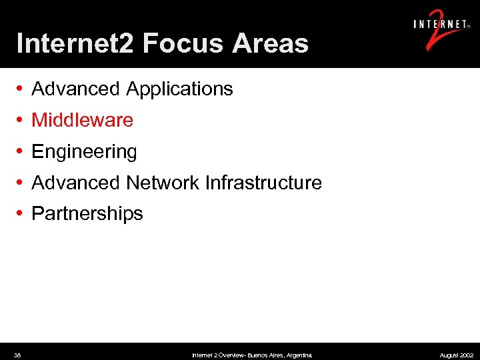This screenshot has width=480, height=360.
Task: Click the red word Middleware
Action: point(83,120)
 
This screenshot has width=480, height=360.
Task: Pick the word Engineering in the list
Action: point(84,152)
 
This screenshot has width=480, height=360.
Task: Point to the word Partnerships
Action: point(87,213)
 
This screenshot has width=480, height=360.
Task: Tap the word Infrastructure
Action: point(264,182)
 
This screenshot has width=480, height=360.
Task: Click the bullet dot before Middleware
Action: point(21,120)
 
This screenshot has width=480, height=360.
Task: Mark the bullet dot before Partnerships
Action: point(21,213)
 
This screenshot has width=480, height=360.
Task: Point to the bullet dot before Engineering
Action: point(21,151)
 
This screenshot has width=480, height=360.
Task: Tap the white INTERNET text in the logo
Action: point(440,25)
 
